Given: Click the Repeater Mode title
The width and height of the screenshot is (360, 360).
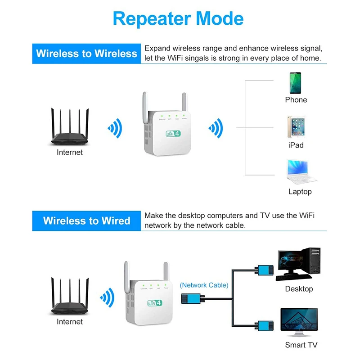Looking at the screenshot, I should [178, 18].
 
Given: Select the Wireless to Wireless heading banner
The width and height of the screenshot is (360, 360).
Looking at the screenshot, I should [86, 54].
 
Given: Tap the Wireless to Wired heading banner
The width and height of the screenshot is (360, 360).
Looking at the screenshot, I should [86, 221].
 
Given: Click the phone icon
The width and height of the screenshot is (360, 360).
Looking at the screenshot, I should [296, 83].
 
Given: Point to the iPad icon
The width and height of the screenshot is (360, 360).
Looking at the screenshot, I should [296, 127].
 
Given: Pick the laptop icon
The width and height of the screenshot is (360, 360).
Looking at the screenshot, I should [299, 172].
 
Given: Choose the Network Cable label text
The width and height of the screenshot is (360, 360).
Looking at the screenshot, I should [204, 285].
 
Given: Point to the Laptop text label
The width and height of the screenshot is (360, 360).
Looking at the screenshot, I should [300, 192].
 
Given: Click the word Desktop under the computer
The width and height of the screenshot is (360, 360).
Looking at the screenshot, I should [299, 289].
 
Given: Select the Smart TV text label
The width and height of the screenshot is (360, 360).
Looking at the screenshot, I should [301, 345].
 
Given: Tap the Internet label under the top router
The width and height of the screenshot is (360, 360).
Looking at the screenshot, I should [70, 153].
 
